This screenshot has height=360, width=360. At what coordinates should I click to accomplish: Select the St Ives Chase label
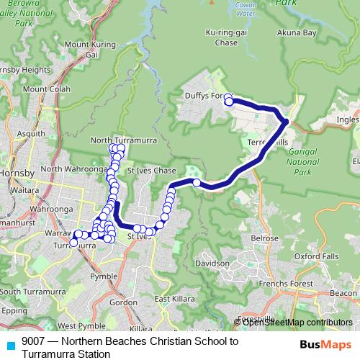pyautogui.click(x=151, y=171)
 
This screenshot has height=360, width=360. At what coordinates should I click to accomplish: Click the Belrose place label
pyautogui.click(x=264, y=238)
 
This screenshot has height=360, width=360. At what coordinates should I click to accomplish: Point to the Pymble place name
pyautogui.click(x=104, y=276)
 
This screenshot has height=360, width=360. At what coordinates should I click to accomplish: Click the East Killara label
pyautogui.click(x=171, y=299)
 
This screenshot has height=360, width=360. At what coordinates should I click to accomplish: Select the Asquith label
pyautogui.click(x=30, y=134)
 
